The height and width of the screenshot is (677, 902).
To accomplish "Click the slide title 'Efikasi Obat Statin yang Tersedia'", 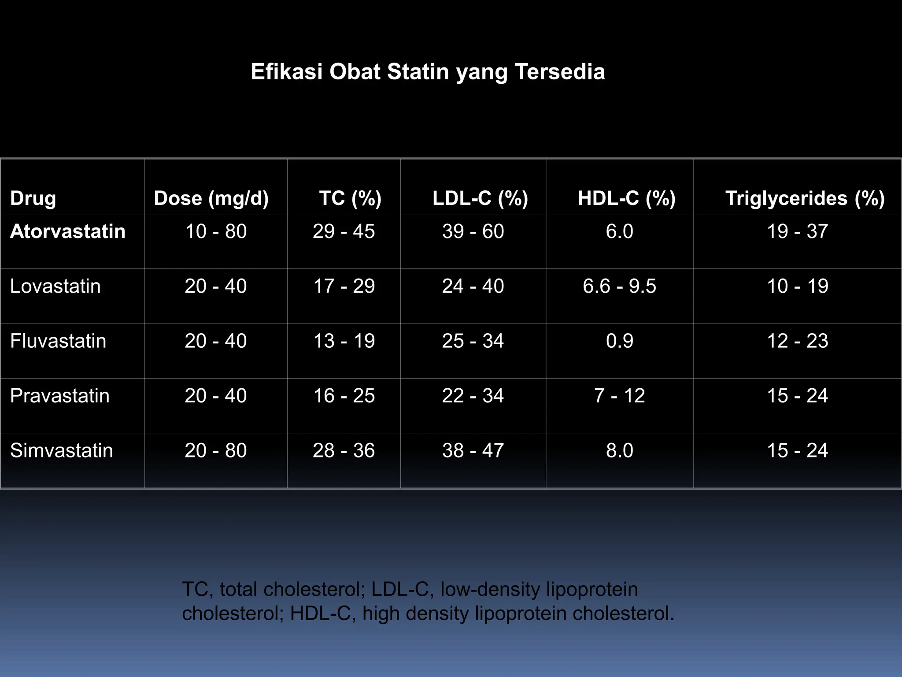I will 428,71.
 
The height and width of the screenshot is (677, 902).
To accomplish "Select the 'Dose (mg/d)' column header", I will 211,198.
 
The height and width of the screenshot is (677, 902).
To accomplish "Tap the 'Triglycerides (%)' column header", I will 805,198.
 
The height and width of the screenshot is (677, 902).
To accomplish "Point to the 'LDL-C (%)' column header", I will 480,198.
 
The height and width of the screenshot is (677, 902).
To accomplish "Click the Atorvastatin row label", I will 68,231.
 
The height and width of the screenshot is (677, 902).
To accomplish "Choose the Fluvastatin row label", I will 58,341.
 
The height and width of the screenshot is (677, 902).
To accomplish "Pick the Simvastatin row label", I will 62,450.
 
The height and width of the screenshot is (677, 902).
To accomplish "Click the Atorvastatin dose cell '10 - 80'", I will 216,231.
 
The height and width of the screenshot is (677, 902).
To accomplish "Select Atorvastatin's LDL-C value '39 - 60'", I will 473,231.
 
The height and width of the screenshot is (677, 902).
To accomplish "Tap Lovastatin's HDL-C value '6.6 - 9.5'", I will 619,286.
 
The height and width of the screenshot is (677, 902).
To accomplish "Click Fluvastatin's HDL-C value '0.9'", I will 619,341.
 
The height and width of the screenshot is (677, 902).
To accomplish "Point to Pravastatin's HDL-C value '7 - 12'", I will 619,396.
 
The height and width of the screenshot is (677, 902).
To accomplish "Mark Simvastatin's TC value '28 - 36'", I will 344,450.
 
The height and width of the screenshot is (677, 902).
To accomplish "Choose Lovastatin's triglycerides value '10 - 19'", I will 798,286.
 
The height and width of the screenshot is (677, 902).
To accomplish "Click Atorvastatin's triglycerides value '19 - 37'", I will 798,231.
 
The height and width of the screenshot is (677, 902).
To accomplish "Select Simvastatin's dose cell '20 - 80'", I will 216,450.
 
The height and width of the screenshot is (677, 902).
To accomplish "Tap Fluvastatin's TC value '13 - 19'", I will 344,341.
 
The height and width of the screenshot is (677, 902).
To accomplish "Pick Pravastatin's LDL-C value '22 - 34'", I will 473,396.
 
